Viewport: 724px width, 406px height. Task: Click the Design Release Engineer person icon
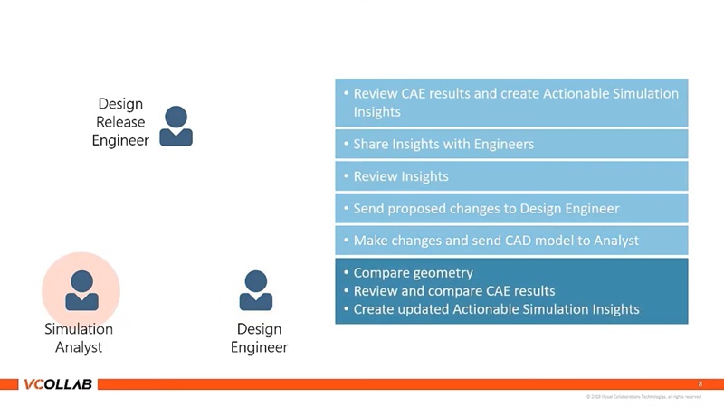coord(176,126)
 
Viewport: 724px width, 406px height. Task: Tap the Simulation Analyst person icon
coord(81,290)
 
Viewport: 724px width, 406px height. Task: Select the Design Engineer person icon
coord(256,290)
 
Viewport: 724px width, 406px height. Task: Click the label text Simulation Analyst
coord(79,338)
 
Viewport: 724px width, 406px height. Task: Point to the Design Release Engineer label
coord(120,122)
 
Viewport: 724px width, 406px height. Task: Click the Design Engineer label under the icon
coord(259,338)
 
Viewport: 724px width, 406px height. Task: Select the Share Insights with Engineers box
coord(511,144)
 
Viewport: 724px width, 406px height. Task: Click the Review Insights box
coord(511,176)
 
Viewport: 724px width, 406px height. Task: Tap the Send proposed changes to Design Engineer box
coord(511,209)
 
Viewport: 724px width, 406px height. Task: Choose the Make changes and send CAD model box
coord(511,241)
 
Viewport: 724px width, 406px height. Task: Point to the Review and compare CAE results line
coord(453,291)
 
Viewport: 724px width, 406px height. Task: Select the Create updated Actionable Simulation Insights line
coord(496,309)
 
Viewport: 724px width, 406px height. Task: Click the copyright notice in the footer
coord(643,397)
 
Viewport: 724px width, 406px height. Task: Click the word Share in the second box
coord(371,144)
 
